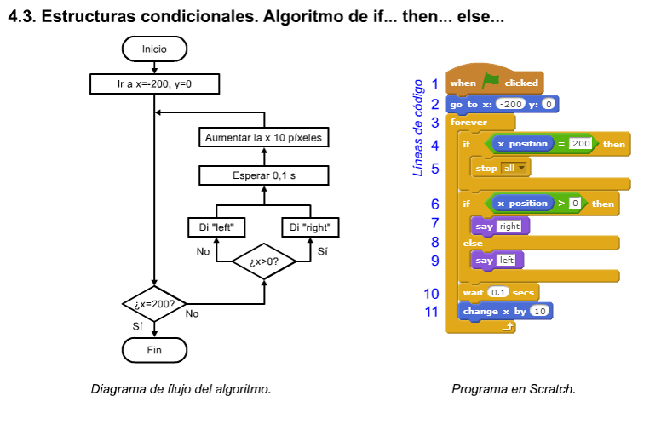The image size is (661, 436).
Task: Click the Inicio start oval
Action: (x=154, y=49)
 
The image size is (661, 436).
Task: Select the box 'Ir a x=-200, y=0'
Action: (x=154, y=84)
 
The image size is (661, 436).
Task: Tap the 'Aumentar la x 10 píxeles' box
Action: (x=263, y=136)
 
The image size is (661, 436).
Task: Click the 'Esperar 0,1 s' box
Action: (x=263, y=175)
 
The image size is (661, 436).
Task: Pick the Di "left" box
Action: (x=216, y=227)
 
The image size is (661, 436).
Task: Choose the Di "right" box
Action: (x=311, y=227)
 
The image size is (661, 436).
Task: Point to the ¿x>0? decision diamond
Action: (x=263, y=261)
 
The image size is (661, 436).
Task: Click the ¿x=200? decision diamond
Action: (x=154, y=303)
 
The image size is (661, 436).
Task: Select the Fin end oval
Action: (x=154, y=349)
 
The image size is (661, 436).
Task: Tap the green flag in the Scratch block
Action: (x=491, y=82)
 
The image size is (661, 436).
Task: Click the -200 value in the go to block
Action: (x=510, y=104)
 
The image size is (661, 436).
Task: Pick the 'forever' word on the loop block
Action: (x=469, y=123)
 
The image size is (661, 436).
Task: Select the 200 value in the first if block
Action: (x=581, y=144)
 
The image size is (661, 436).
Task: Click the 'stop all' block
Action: (x=502, y=168)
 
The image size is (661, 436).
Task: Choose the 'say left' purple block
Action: (x=498, y=260)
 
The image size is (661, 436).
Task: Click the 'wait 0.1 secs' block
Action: (x=498, y=292)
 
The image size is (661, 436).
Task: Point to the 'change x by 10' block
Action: (x=505, y=311)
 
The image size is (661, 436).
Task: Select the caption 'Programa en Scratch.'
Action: (x=513, y=389)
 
